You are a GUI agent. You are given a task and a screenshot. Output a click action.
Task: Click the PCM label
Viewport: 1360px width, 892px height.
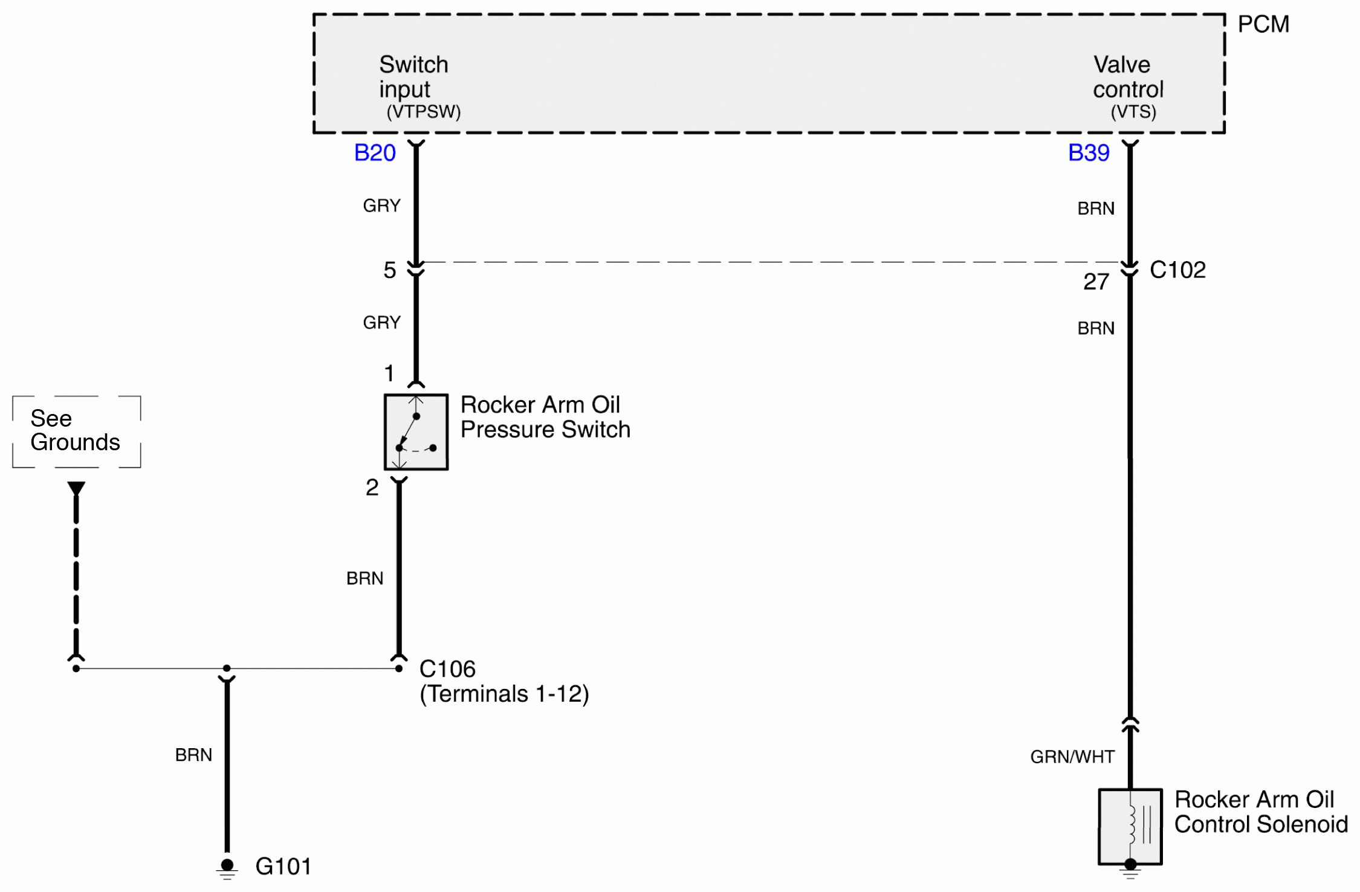1263,25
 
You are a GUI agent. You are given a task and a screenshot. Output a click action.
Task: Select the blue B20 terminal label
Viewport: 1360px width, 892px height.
375,153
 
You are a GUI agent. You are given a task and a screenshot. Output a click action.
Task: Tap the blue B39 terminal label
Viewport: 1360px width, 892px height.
1088,153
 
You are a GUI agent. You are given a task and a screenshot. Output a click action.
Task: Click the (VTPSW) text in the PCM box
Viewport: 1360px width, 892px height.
423,112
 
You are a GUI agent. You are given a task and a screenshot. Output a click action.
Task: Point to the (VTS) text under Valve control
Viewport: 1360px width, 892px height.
1133,112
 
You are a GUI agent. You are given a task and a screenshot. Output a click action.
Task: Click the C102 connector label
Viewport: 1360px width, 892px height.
1177,270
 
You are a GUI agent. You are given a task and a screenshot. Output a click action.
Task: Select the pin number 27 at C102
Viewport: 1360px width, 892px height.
1095,282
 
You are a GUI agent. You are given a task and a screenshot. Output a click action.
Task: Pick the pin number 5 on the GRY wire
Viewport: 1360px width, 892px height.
389,270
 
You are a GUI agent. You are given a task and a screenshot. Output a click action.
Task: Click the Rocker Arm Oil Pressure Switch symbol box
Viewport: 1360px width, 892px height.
416,432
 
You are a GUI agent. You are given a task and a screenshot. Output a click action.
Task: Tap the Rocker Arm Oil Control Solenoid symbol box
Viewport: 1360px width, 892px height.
1129,826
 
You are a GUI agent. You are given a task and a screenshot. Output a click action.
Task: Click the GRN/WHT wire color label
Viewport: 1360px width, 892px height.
1072,757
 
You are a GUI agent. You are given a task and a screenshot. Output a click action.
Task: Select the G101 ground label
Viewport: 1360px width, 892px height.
283,867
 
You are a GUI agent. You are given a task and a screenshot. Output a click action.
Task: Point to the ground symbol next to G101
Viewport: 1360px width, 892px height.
227,869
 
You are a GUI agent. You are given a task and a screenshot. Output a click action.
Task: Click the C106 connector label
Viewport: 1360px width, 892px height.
447,669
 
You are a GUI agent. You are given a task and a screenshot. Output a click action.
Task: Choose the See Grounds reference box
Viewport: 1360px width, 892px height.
76,431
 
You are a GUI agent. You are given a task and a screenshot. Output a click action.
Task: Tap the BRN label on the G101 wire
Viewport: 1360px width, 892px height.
193,755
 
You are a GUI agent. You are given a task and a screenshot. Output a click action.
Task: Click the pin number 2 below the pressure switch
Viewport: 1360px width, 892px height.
372,488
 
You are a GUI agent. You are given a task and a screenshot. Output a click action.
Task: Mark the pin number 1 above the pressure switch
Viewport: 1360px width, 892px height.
389,373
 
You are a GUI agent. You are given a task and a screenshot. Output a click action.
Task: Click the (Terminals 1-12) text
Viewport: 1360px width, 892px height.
504,694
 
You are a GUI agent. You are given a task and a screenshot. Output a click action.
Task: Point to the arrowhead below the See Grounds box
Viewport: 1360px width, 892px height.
76,488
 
